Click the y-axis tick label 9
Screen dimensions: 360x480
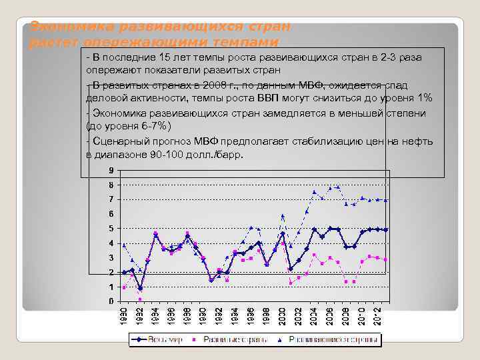111,170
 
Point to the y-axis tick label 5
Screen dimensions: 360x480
111,229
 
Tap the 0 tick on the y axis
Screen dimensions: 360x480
111,301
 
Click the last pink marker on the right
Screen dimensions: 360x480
385,259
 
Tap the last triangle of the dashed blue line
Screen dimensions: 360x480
385,200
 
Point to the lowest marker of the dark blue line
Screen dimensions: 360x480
140,288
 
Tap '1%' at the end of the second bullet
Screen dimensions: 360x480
425,98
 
